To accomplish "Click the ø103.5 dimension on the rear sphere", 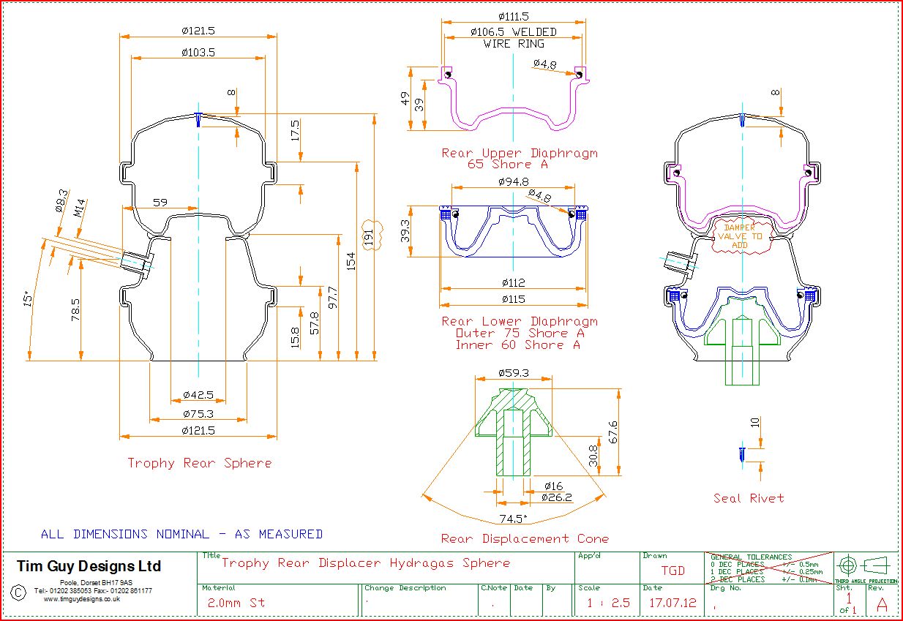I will coord(198,53).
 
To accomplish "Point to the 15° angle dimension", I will coord(27,299).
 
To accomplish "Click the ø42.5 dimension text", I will coord(198,396).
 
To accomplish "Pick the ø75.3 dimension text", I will coord(198,415).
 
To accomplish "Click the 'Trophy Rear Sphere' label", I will coord(199,463).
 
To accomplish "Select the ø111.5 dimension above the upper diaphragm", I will coord(513,16).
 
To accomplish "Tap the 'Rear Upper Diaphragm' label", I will coord(520,154).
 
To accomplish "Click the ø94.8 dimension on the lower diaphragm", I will coord(513,182).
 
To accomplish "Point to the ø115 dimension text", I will coord(513,299).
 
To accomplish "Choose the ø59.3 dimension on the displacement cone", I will coord(513,373).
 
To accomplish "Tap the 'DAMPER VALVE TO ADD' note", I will coord(740,236).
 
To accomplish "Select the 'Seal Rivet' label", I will coord(749,498).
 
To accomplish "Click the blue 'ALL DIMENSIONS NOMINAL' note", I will coord(181,535).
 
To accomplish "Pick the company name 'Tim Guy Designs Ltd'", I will coord(89,566).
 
